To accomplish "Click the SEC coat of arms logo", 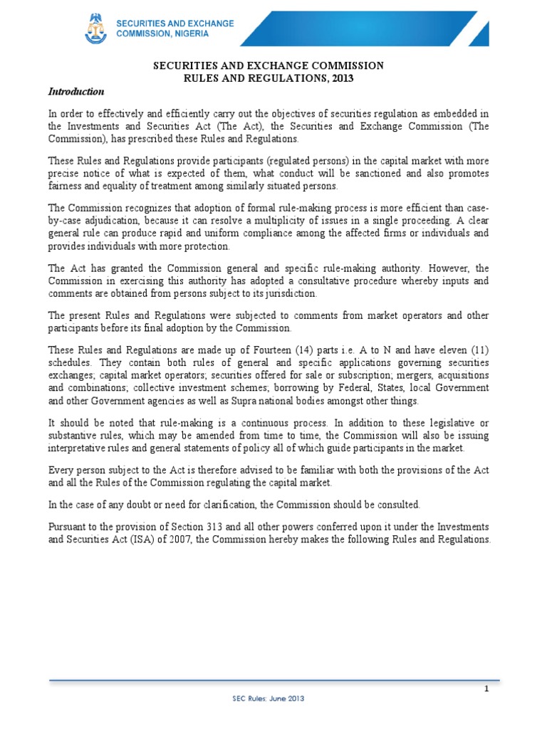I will (95, 30).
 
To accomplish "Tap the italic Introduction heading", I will (76, 92).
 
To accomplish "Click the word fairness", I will (66, 186).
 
